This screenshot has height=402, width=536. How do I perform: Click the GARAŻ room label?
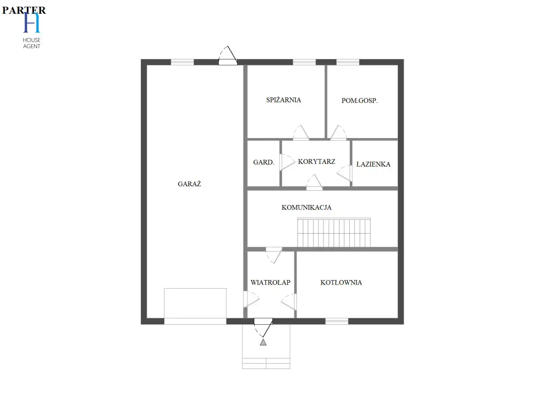coord(189,184)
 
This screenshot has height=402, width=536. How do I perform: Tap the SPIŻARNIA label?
coord(284,100)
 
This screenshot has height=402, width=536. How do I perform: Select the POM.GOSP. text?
coord(360,100)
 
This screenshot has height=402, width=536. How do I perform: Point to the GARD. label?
coord(264,162)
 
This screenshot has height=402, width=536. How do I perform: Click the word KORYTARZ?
coord(317,161)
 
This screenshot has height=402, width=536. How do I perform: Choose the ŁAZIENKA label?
coord(373,164)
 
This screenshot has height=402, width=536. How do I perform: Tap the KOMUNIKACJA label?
coord(306,207)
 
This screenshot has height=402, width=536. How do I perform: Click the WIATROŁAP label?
coord(270,282)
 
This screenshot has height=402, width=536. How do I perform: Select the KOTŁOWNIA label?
coord(341,282)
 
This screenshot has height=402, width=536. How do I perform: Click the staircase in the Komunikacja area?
coord(334,232)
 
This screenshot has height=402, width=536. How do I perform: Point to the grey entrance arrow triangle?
coord(263,342)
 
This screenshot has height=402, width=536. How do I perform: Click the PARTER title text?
coord(24,10)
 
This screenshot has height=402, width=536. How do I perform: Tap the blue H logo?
coord(32,22)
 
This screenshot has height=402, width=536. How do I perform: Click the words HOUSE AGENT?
coord(32,43)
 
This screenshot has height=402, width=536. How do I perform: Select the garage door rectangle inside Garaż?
coord(195,306)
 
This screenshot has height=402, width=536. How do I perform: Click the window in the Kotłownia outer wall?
coord(337,321)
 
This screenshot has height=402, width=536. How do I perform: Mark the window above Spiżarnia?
coord(304,62)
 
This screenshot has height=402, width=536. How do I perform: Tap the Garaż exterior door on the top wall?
coord(228,56)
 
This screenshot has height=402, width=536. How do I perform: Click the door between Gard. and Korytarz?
coord(287,162)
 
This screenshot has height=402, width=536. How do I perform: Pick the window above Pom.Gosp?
coord(348,62)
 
